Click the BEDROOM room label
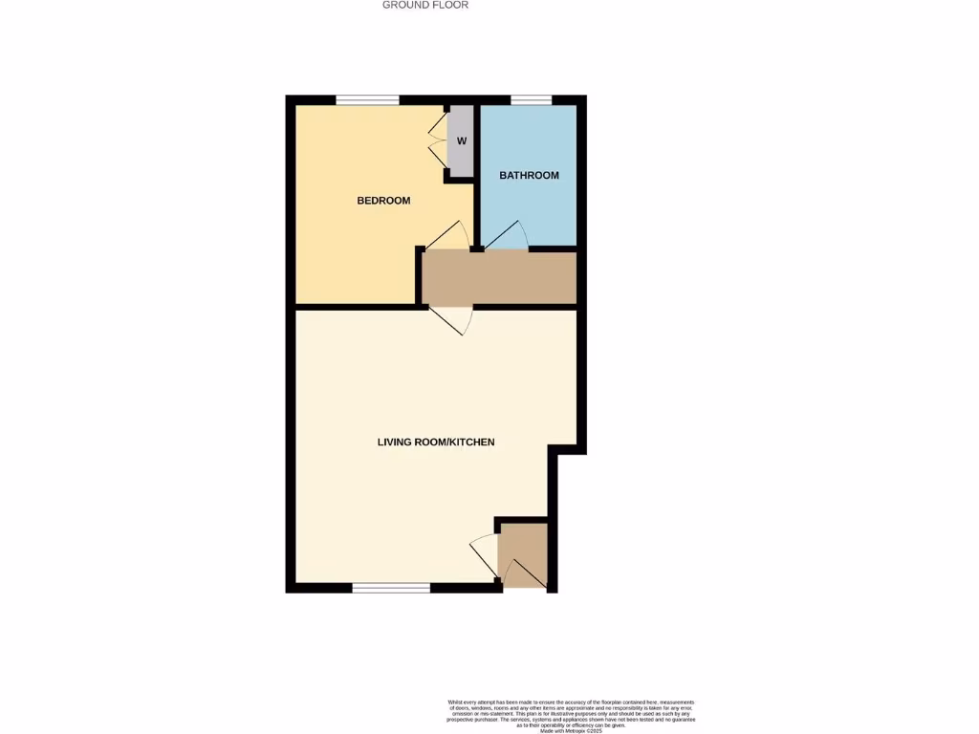click(383, 201)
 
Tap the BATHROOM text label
click(529, 175)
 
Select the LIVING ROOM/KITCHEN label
click(435, 442)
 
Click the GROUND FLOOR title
click(425, 5)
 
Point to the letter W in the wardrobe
click(461, 141)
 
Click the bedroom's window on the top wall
click(367, 99)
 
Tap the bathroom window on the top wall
click(531, 99)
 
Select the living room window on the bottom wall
click(391, 588)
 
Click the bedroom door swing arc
click(449, 234)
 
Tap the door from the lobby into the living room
click(484, 553)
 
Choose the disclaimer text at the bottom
click(570, 711)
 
